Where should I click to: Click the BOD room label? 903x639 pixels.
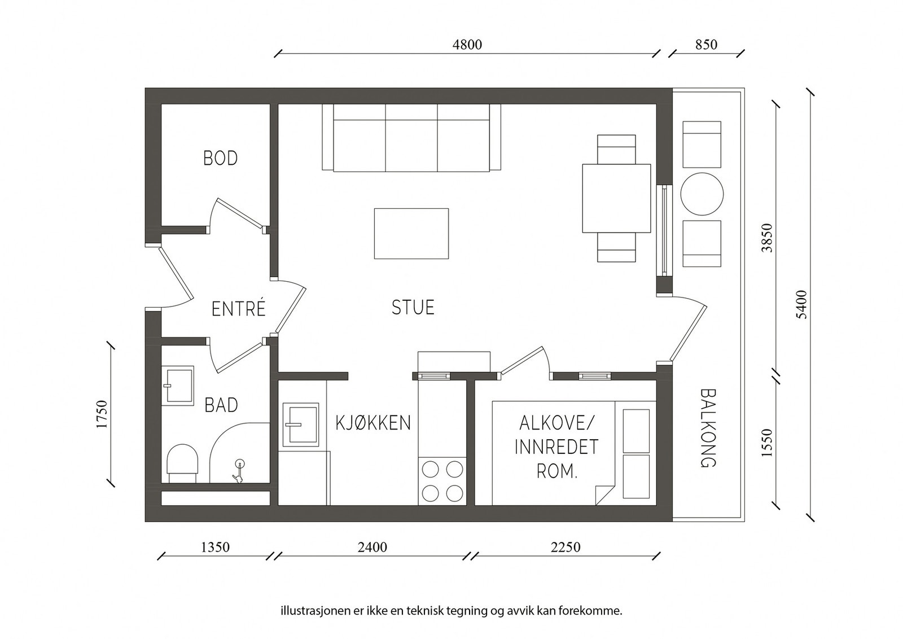coord(221,159)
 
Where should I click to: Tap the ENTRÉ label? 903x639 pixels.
coord(239,309)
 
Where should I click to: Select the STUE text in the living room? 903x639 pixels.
coord(413,307)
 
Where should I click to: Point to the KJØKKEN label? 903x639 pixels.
coord(373,423)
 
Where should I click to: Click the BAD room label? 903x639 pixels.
coord(221,405)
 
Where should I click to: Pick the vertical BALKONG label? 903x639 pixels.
coord(708,428)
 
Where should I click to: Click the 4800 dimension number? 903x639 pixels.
coord(467,45)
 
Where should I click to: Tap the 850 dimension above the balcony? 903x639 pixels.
coord(706,45)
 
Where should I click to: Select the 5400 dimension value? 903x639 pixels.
coord(802,304)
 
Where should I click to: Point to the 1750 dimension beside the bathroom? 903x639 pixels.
coord(102,414)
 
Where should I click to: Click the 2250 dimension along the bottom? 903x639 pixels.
coord(566,547)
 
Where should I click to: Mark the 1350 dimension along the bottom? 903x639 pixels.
coord(215,547)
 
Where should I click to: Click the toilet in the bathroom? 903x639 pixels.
coord(183,463)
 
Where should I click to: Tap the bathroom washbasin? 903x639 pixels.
coord(178,386)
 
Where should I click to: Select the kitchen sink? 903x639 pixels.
coord(301,424)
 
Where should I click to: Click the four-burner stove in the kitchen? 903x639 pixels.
coord(442,481)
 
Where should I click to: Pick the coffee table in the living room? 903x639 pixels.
coord(411,234)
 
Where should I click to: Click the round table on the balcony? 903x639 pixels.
coord(702,194)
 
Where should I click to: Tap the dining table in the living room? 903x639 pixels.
coord(616,198)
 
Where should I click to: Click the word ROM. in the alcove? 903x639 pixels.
coord(557,471)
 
